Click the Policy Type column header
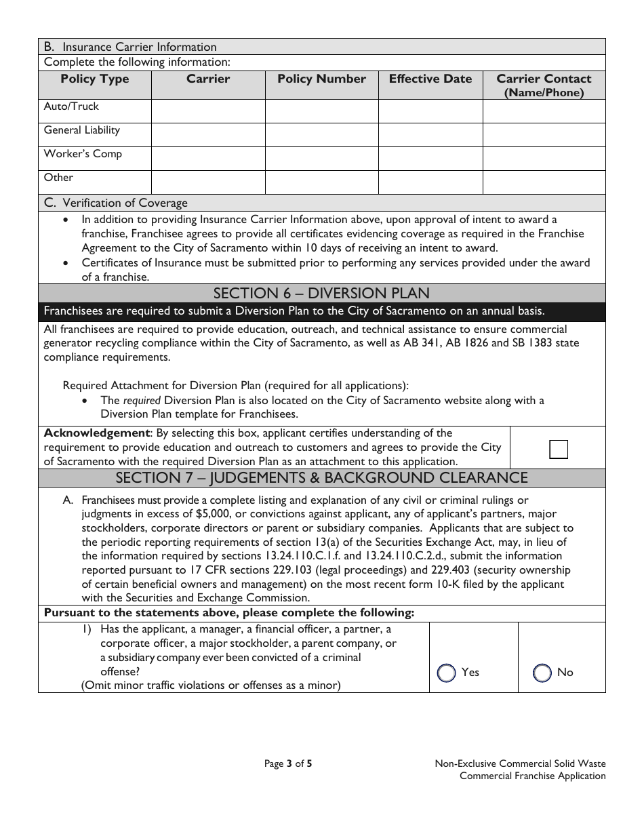94,79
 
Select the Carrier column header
208,79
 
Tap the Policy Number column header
321,79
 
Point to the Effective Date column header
430,79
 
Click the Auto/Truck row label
71,106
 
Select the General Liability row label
81,130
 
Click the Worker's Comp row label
83,154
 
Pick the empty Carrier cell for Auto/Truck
208,111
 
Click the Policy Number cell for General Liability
321,135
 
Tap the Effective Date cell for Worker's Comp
430,159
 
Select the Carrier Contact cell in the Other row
544,182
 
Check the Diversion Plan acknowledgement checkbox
559,450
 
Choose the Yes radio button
447,673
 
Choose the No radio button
542,673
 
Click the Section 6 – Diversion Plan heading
321,294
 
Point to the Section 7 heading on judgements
321,478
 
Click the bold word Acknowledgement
96,433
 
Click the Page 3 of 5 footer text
288,763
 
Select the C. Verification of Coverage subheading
115,203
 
